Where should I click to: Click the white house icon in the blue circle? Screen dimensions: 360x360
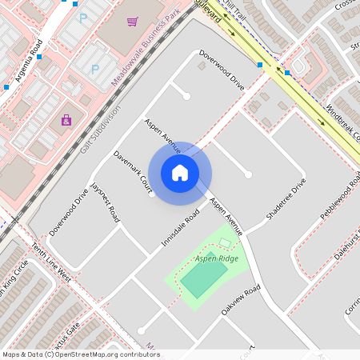[180, 173]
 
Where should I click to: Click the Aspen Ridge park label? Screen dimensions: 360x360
[216, 260]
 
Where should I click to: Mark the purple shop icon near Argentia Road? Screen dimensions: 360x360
[66, 121]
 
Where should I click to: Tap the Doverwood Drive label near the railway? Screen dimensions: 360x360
[68, 212]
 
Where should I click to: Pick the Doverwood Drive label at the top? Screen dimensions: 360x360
[222, 70]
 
